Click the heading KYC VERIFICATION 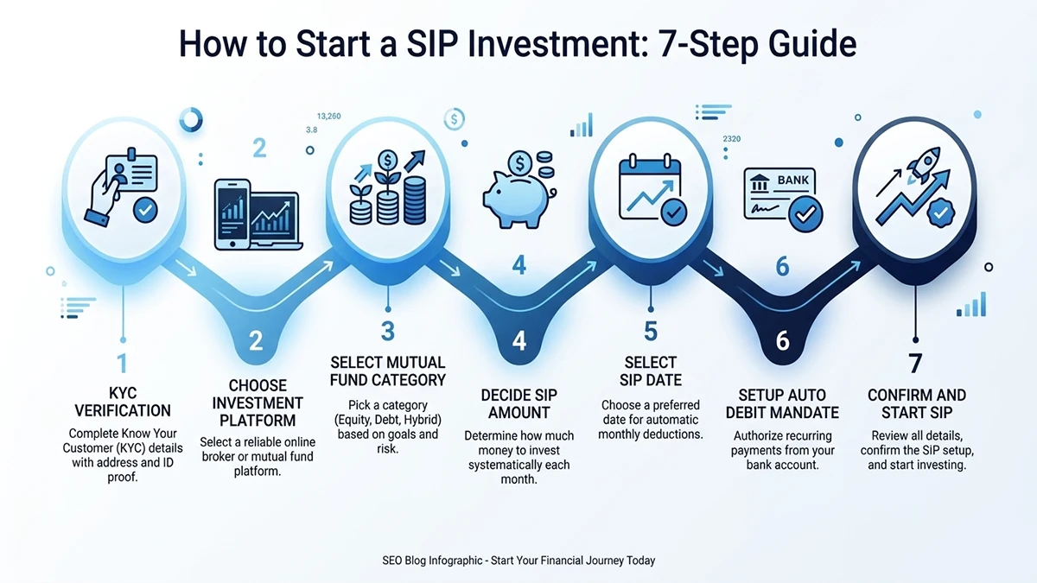[123, 402]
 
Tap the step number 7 [916, 363]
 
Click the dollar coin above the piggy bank [520, 162]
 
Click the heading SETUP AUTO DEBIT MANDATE [782, 403]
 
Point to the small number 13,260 [329, 117]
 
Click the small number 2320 [731, 139]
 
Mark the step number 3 [388, 330]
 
